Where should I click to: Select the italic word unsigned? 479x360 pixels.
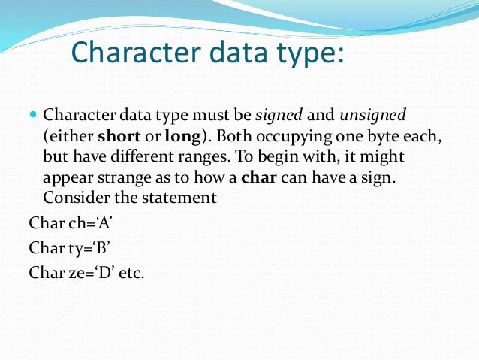tap(372, 116)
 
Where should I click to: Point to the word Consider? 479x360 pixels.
tap(73, 198)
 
